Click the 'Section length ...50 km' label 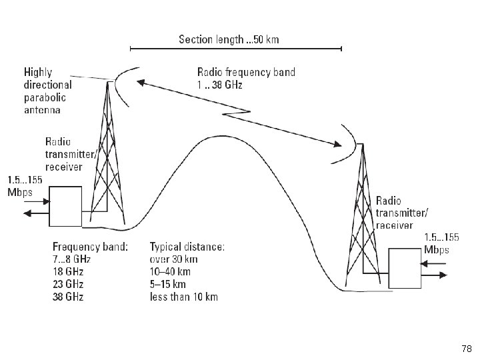(229, 39)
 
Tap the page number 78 (466, 349)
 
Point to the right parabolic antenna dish (345, 146)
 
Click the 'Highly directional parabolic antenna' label (48, 90)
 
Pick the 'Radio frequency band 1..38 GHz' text (246, 79)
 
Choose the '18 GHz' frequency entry (67, 271)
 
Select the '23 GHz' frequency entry (67, 284)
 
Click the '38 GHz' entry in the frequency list (67, 297)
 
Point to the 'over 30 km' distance (173, 259)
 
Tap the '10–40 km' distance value (170, 271)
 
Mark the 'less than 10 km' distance (183, 297)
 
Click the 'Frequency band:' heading (90, 246)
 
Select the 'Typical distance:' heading (187, 246)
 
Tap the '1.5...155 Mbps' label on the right (441, 243)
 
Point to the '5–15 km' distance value (168, 284)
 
